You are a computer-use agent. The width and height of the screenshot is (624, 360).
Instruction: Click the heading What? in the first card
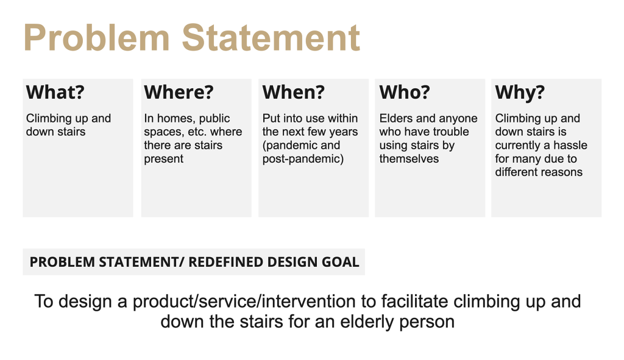tap(55, 93)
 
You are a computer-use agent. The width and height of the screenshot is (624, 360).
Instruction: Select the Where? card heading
tap(179, 93)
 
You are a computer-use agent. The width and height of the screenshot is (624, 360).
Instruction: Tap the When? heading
tap(293, 93)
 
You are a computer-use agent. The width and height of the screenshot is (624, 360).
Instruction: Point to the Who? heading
tap(405, 93)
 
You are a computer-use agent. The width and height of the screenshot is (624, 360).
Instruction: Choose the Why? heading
tap(520, 93)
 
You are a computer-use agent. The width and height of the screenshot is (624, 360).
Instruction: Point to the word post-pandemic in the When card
tap(303, 159)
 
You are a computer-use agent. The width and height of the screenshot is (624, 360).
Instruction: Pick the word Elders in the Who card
tap(396, 119)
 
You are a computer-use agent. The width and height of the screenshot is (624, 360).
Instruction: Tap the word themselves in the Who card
tap(409, 159)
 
